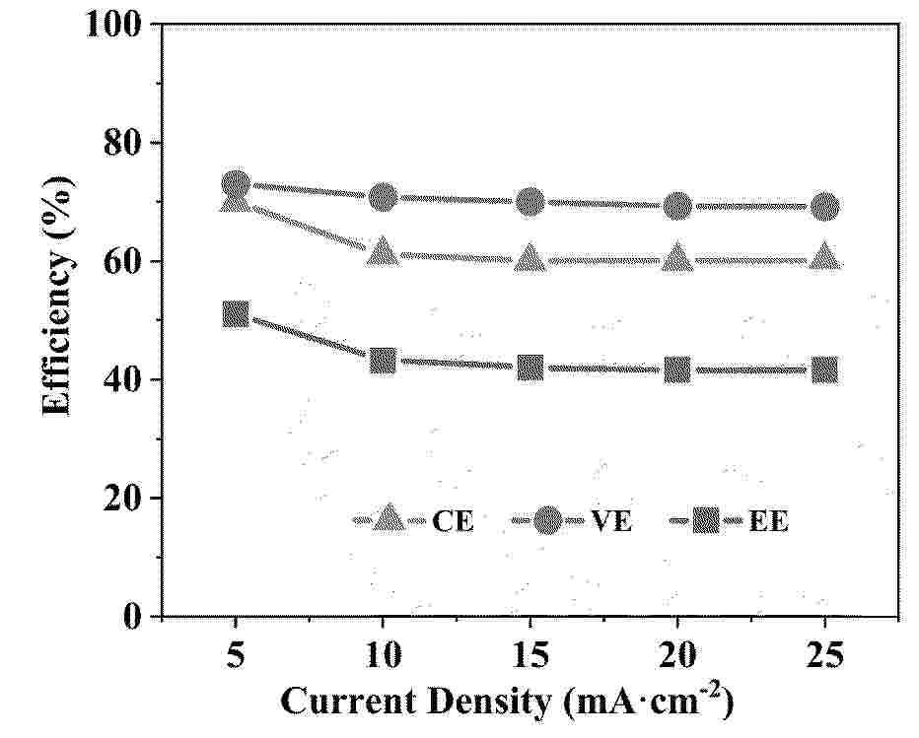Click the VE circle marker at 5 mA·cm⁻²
coord(236,183)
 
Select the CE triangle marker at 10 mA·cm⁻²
coord(383,252)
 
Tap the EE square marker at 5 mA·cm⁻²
coord(236,314)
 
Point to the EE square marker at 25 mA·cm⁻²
coord(825,369)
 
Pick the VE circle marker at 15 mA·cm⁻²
coord(530,202)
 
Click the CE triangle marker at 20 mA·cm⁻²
coord(677,258)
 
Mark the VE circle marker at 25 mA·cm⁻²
coord(825,206)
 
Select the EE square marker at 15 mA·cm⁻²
coord(530,368)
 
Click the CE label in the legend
coord(453,522)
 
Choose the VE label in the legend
coord(611,522)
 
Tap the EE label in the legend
coord(768,522)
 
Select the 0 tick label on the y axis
coord(135,617)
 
